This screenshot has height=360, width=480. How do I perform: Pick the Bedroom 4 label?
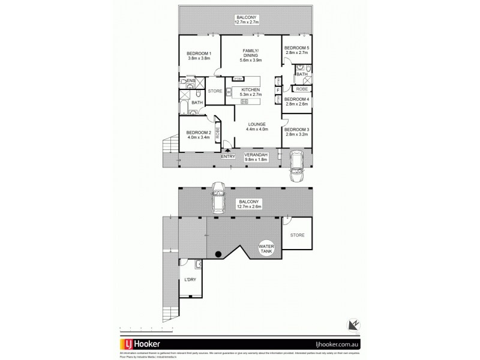click(x=296, y=101)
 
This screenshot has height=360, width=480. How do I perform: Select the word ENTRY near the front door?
click(x=228, y=157)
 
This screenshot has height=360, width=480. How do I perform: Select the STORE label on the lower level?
click(x=298, y=236)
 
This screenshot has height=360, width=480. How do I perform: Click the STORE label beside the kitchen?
click(x=214, y=92)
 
